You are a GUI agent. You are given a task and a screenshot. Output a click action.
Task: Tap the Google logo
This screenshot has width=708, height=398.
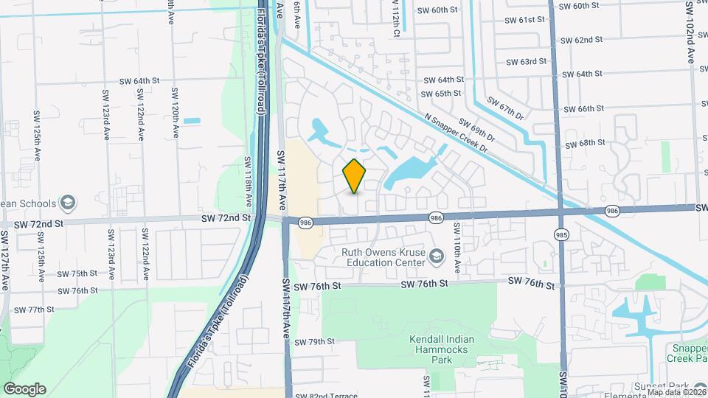coord(24,388)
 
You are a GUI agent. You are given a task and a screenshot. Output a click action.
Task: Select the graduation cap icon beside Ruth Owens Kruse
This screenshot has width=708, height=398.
coord(437,256)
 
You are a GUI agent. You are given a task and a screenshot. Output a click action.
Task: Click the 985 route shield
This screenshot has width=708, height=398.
coord(562,234)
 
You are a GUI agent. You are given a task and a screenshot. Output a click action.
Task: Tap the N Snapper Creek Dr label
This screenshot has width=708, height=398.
coord(457,133)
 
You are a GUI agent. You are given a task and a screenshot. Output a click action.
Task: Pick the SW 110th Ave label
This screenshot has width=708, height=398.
coord(457,250)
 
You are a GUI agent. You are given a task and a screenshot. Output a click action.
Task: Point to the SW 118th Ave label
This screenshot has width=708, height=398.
coord(249,181)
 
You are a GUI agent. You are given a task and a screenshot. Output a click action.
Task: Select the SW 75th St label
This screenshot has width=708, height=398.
coord(72,273)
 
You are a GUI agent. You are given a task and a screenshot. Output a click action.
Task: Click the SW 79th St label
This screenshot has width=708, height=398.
coord(314,341)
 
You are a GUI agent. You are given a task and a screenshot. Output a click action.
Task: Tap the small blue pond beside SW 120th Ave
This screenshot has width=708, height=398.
coord(191,120)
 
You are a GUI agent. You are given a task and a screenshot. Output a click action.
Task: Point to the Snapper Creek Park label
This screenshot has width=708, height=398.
coord(689,353)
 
